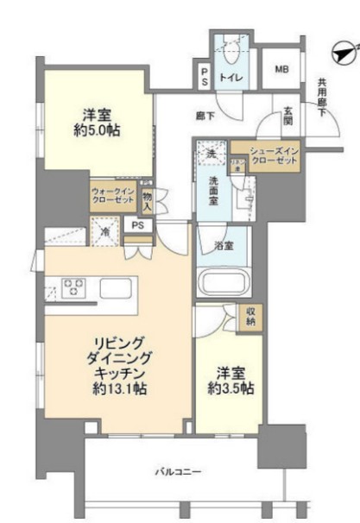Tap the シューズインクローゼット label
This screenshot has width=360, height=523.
274,157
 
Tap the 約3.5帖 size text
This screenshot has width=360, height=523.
229,388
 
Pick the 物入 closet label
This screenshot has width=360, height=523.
148,203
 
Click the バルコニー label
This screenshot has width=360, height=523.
178,471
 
